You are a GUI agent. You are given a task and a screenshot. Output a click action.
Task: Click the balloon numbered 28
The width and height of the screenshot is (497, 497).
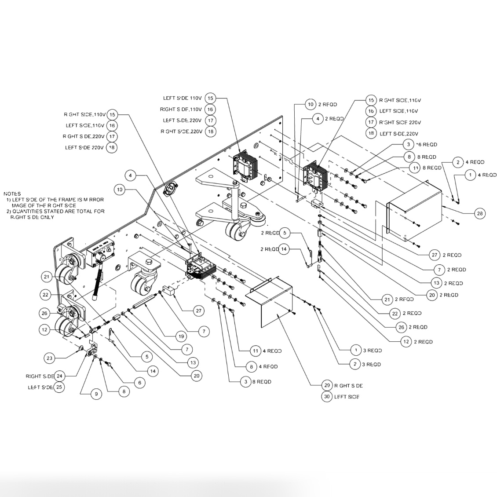pyautogui.click(x=480, y=214)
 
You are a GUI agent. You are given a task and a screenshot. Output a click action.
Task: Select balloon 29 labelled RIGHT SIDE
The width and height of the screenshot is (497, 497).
pyautogui.click(x=327, y=385)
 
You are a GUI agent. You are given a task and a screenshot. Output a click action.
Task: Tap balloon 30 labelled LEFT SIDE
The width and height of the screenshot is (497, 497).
pyautogui.click(x=327, y=396)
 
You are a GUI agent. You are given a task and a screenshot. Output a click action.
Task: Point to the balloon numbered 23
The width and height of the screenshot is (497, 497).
pyautogui.click(x=49, y=358)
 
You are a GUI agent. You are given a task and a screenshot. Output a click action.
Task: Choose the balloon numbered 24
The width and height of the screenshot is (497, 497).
pyautogui.click(x=59, y=376)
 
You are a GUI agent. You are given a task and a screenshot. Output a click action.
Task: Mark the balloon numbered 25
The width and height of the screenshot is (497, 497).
pyautogui.click(x=59, y=387)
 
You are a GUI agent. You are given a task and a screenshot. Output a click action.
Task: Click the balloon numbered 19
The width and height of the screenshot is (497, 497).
pyautogui.click(x=181, y=336)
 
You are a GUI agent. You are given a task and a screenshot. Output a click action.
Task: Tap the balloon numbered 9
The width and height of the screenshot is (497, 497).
pyautogui.click(x=96, y=395)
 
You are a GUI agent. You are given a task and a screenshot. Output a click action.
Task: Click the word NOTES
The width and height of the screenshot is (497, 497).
pyautogui.click(x=12, y=194)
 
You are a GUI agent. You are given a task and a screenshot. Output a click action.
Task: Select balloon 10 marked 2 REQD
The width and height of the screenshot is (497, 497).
pyautogui.click(x=311, y=104)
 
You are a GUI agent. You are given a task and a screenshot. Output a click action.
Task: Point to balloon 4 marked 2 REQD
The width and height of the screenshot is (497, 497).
pyautogui.click(x=318, y=119)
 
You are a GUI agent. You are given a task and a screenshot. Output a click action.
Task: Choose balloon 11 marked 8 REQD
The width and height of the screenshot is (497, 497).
pyautogui.click(x=416, y=168)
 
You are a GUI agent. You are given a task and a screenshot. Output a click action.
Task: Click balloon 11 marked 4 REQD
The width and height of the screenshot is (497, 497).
pyautogui.click(x=256, y=351)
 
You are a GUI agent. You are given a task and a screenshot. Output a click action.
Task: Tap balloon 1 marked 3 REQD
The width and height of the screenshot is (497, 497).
pyautogui.click(x=356, y=350)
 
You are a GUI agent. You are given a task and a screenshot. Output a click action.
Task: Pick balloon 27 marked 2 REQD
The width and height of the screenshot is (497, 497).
pyautogui.click(x=435, y=255)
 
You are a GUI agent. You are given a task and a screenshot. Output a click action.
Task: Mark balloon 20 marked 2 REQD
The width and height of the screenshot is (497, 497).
pyautogui.click(x=432, y=295)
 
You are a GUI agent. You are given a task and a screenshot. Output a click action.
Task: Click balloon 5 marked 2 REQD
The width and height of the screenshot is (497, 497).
pyautogui.click(x=285, y=233)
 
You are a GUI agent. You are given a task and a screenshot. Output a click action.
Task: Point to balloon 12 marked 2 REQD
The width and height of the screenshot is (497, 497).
pyautogui.click(x=406, y=341)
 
